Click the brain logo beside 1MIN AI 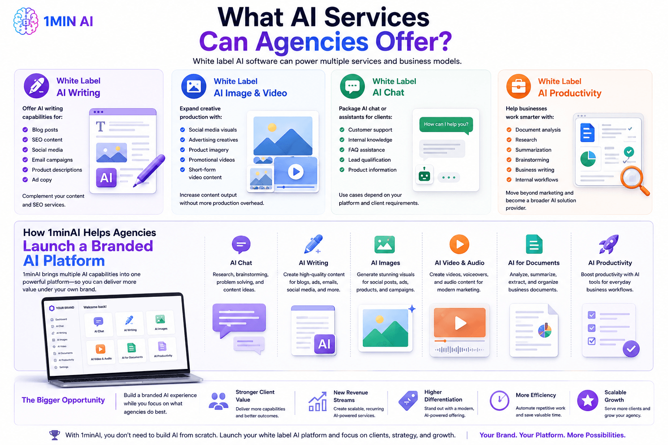[26, 21]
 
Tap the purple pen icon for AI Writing [37, 86]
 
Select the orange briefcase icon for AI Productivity [518, 86]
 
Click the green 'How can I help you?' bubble [446, 125]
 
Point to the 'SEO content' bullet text [47, 139]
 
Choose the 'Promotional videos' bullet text [212, 160]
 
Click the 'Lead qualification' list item [370, 160]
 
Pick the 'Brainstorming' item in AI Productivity [532, 160]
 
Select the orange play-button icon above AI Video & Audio [459, 244]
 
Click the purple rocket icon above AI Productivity [609, 244]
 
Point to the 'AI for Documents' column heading [534, 263]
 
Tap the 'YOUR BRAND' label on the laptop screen [65, 308]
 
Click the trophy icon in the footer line [54, 435]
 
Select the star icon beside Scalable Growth [588, 400]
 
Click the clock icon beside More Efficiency [500, 400]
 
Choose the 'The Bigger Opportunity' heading [63, 400]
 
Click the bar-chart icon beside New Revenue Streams [317, 402]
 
